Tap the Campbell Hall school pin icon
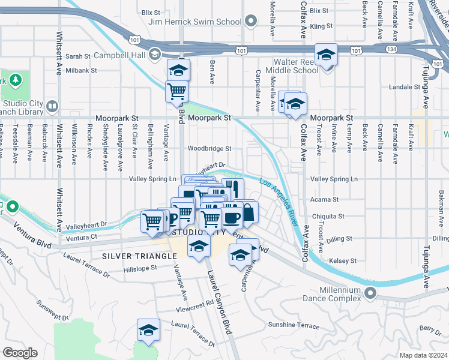(155, 54)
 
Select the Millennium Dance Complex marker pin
(370, 293)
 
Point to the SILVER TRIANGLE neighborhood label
(139, 256)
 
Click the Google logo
(20, 353)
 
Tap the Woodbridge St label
(209, 149)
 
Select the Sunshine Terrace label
(294, 325)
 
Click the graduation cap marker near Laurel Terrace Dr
(148, 329)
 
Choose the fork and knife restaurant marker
(234, 188)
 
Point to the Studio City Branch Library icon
(52, 107)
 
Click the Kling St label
(322, 26)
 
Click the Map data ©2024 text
(423, 355)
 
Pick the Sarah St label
(77, 56)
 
